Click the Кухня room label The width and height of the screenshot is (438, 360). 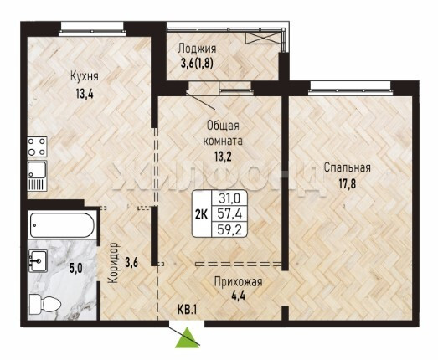tap(84, 76)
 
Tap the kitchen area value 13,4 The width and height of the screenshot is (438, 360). tap(85, 94)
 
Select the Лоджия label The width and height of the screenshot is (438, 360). tap(197, 49)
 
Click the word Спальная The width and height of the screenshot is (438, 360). tap(348, 167)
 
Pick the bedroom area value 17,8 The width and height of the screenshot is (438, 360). tap(348, 184)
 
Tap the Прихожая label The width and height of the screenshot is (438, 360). tap(239, 282)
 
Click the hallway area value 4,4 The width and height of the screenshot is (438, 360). tap(239, 296)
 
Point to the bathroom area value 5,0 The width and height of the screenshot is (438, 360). tap(76, 269)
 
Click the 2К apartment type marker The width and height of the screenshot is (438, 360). tap(201, 214)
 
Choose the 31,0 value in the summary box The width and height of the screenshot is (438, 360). tap(229, 198)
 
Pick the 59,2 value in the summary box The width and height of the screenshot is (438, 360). tap(229, 230)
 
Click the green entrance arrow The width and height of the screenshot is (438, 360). tap(187, 338)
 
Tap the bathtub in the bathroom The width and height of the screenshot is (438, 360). tap(62, 225)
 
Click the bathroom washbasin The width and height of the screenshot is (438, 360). tap(38, 261)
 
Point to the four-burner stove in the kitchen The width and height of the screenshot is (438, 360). tap(37, 147)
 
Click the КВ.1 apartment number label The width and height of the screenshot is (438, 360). tap(188, 310)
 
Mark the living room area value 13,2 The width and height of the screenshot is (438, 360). tap(223, 157)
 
